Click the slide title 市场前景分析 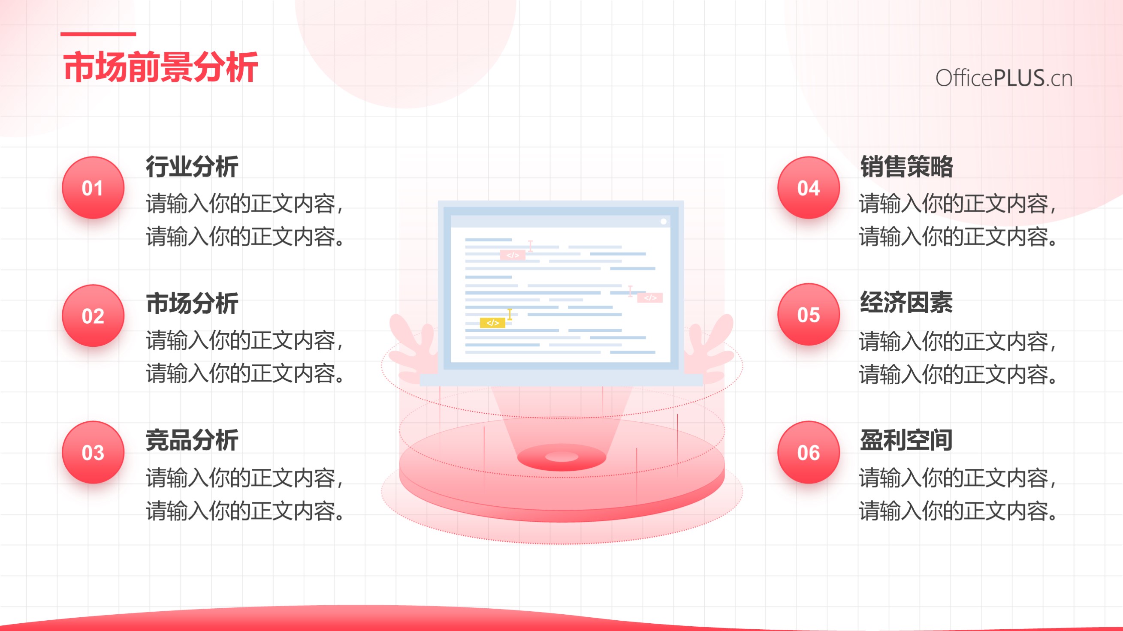[160, 67]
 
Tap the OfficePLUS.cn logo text [1004, 78]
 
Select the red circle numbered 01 [93, 188]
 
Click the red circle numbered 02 [93, 315]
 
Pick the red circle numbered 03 [93, 452]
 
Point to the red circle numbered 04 [809, 188]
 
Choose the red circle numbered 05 [809, 315]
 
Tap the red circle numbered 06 [809, 452]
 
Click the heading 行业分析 [192, 166]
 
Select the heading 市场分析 [192, 303]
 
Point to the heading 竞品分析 [192, 440]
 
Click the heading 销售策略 [907, 166]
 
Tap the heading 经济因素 [907, 303]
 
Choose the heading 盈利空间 [907, 440]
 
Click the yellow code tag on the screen [492, 323]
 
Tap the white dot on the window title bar [664, 221]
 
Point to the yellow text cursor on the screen [510, 314]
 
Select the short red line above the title [98, 34]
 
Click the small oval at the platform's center [561, 457]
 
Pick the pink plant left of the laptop [412, 346]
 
